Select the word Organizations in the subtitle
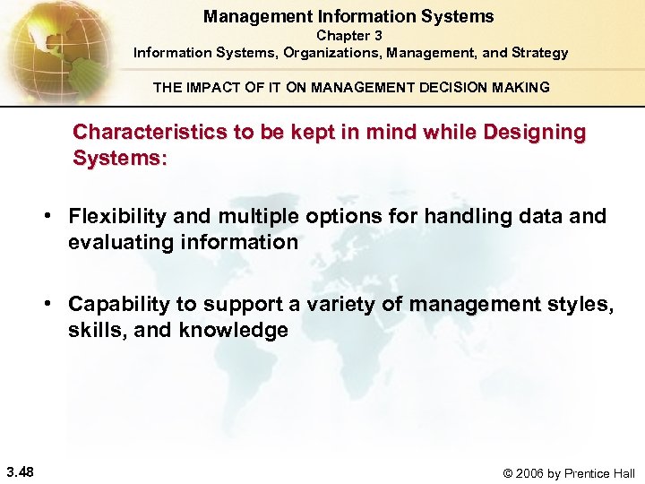click(x=332, y=53)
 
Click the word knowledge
click(x=234, y=330)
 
